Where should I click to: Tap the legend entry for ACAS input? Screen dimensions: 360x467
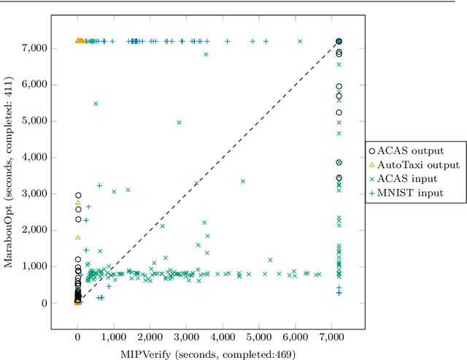[x=404, y=178]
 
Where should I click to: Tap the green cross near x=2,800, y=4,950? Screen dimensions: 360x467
[x=179, y=123]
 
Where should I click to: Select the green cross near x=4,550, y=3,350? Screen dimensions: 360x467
[x=242, y=181]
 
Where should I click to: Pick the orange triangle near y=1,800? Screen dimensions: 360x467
[x=78, y=237]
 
